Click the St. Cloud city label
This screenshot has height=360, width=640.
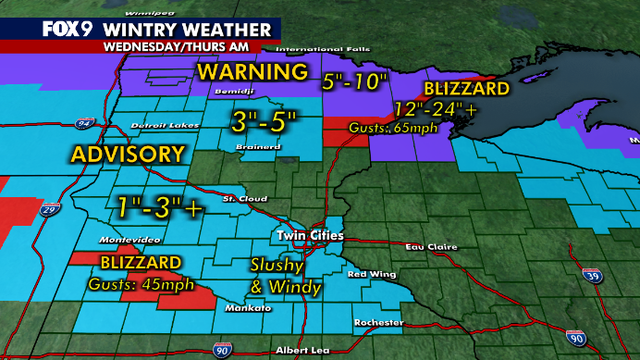coord(241,198)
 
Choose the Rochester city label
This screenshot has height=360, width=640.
coord(378,322)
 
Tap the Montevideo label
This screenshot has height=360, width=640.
coord(125,241)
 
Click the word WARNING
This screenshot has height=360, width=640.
coord(252,73)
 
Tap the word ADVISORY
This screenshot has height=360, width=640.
coord(127,155)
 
